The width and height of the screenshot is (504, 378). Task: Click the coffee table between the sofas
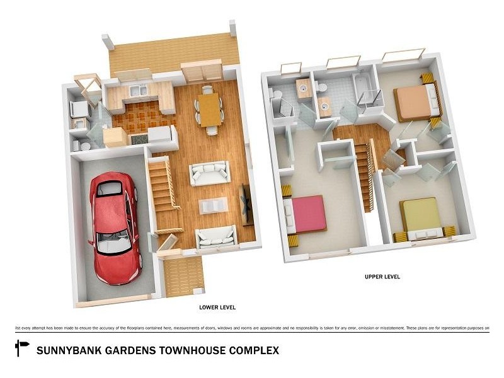(x=213, y=205)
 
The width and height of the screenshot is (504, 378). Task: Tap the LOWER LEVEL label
(x=217, y=307)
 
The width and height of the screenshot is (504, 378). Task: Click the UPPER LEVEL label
(x=382, y=277)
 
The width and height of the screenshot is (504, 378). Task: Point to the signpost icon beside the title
(x=22, y=347)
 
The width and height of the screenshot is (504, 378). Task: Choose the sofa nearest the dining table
(x=210, y=173)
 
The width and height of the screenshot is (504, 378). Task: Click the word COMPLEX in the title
(x=256, y=350)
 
